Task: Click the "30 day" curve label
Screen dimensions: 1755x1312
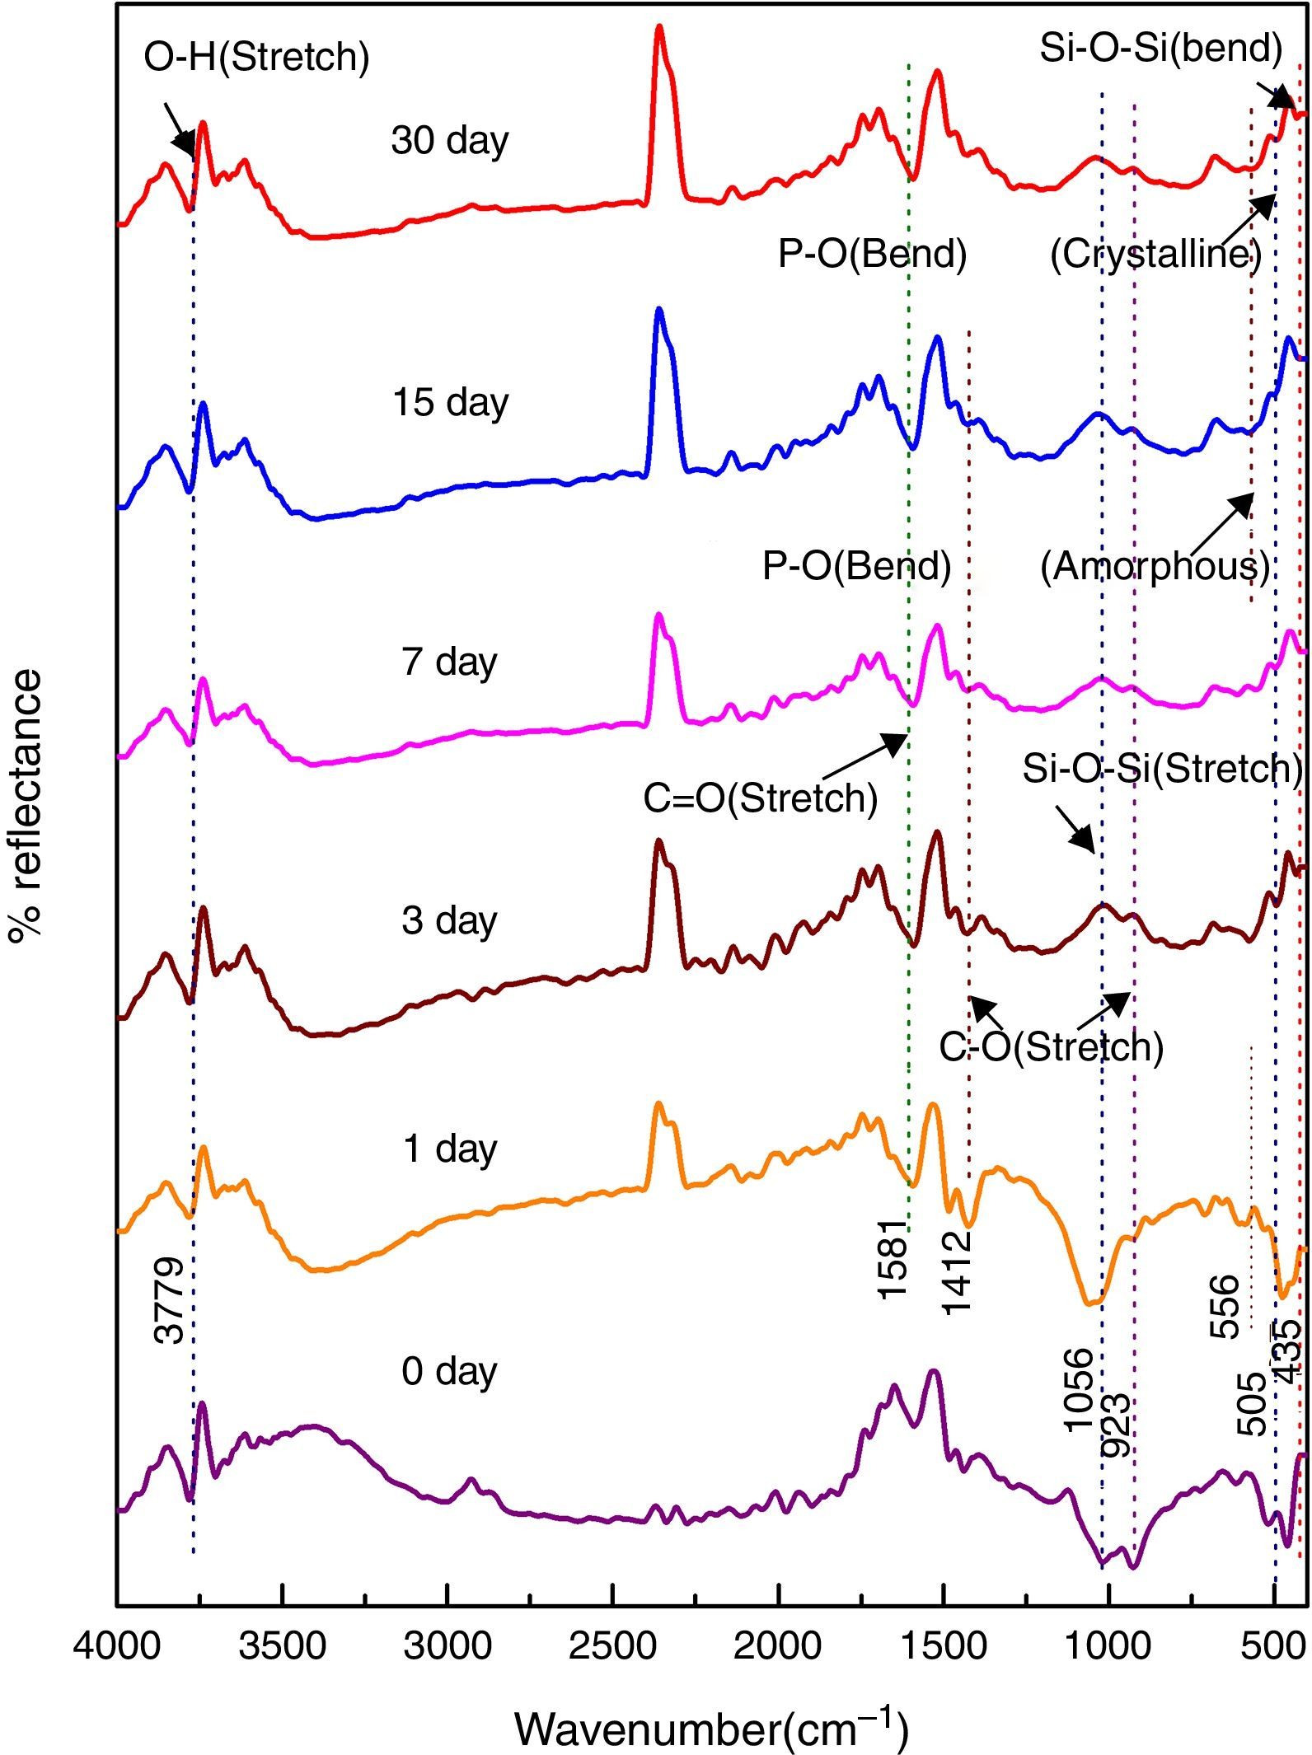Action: coord(450,141)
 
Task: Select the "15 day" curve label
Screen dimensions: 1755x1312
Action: coord(450,403)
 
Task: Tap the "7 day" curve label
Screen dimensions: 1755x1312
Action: coord(450,662)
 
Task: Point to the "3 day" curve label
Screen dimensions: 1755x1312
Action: coord(450,920)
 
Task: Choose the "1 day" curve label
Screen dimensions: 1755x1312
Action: coord(450,1149)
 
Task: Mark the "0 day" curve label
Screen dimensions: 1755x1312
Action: coord(450,1371)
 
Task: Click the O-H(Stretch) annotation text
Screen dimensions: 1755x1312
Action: coord(256,58)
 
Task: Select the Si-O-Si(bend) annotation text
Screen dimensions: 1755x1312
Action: coord(1160,49)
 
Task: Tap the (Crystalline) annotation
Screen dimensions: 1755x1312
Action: coord(1155,255)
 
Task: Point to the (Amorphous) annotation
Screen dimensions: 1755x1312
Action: coord(1155,567)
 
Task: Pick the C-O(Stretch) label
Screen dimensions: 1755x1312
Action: coord(1052,1047)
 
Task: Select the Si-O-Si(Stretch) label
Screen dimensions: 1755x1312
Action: coord(1162,769)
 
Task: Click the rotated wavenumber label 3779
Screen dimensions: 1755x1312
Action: coord(171,1301)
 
